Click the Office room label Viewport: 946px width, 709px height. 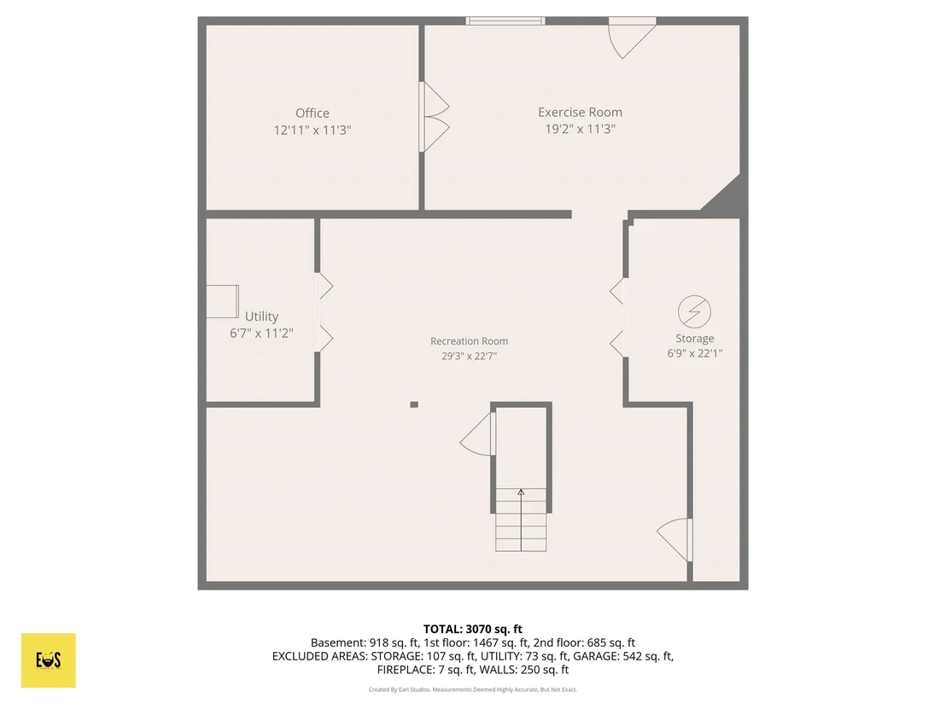pyautogui.click(x=312, y=113)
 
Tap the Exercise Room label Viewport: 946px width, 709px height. pyautogui.click(x=580, y=112)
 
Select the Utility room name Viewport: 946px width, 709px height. pyautogui.click(x=262, y=317)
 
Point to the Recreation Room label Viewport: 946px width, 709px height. pyautogui.click(x=469, y=341)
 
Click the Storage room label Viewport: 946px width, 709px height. pyautogui.click(x=694, y=339)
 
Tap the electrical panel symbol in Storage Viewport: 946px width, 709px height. pyautogui.click(x=694, y=311)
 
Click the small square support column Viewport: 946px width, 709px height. pyautogui.click(x=414, y=404)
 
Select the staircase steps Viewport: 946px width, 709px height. pyautogui.click(x=522, y=520)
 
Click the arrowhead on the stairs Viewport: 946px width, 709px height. pyautogui.click(x=522, y=492)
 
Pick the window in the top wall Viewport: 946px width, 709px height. pyautogui.click(x=505, y=21)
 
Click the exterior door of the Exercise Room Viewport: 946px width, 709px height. pyautogui.click(x=632, y=38)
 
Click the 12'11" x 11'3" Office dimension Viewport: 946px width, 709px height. pyautogui.click(x=312, y=131)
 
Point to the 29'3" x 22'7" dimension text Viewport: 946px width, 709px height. pyautogui.click(x=469, y=357)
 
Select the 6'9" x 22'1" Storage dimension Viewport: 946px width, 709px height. pyautogui.click(x=694, y=354)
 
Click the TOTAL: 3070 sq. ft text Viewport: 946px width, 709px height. pyautogui.click(x=473, y=630)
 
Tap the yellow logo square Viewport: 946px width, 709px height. pyautogui.click(x=49, y=660)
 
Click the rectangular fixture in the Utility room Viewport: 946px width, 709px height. pyautogui.click(x=223, y=301)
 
